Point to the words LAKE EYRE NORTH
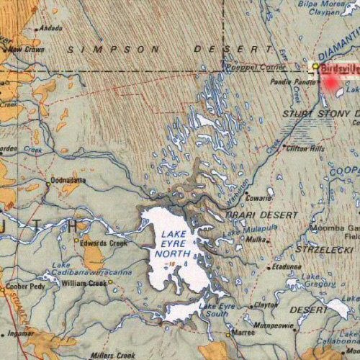click(176, 245)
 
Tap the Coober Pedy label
click(21, 286)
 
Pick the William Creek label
click(84, 283)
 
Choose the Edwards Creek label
click(104, 243)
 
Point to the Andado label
click(51, 29)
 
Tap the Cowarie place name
click(258, 197)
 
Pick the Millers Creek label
click(113, 355)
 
